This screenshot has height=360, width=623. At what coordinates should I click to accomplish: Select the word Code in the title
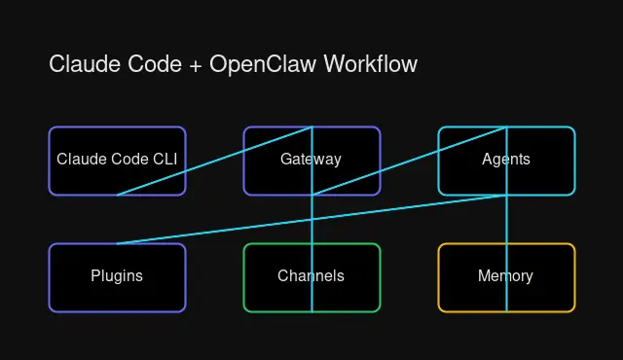[145, 65]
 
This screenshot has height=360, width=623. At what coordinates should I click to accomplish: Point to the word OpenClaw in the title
[258, 65]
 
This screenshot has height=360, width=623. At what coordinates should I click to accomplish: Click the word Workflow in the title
[370, 65]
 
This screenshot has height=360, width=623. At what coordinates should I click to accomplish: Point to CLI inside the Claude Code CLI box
[165, 160]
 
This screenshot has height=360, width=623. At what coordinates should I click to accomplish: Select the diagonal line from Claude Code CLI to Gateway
[214, 161]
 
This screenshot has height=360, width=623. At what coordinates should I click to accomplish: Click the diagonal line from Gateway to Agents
[409, 161]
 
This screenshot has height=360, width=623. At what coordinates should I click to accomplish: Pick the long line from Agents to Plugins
[311, 219]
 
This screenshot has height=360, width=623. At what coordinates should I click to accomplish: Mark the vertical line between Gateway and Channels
[311, 219]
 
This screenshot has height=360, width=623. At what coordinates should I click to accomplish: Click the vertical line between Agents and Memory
[506, 219]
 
